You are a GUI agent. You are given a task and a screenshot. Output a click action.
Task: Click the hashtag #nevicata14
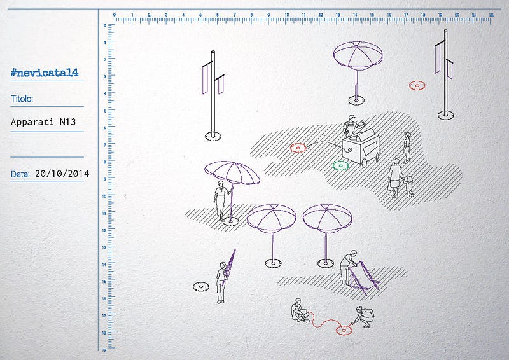(45, 73)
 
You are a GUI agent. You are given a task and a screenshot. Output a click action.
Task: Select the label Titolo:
(22, 99)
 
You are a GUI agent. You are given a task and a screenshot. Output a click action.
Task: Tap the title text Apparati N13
(43, 122)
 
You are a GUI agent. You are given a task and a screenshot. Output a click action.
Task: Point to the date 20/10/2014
(62, 174)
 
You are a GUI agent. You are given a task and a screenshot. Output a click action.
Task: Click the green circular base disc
(340, 165)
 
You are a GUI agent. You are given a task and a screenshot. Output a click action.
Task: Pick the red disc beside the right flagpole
(417, 85)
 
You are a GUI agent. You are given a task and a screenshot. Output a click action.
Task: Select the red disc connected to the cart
(298, 148)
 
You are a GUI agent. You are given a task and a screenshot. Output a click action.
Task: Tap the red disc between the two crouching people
(344, 331)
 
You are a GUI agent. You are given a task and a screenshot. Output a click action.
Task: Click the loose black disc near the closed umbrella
(201, 287)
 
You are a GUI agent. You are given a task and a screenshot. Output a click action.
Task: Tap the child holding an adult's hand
(409, 187)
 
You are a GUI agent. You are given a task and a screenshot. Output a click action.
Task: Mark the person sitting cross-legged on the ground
(299, 310)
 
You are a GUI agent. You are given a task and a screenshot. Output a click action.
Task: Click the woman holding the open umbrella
(221, 200)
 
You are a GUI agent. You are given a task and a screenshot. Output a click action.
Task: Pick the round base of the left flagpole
(213, 136)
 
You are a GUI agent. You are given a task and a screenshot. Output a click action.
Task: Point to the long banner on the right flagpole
(438, 59)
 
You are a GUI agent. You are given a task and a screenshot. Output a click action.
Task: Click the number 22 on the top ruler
(491, 15)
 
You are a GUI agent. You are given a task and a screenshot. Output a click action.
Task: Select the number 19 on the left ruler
(104, 350)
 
